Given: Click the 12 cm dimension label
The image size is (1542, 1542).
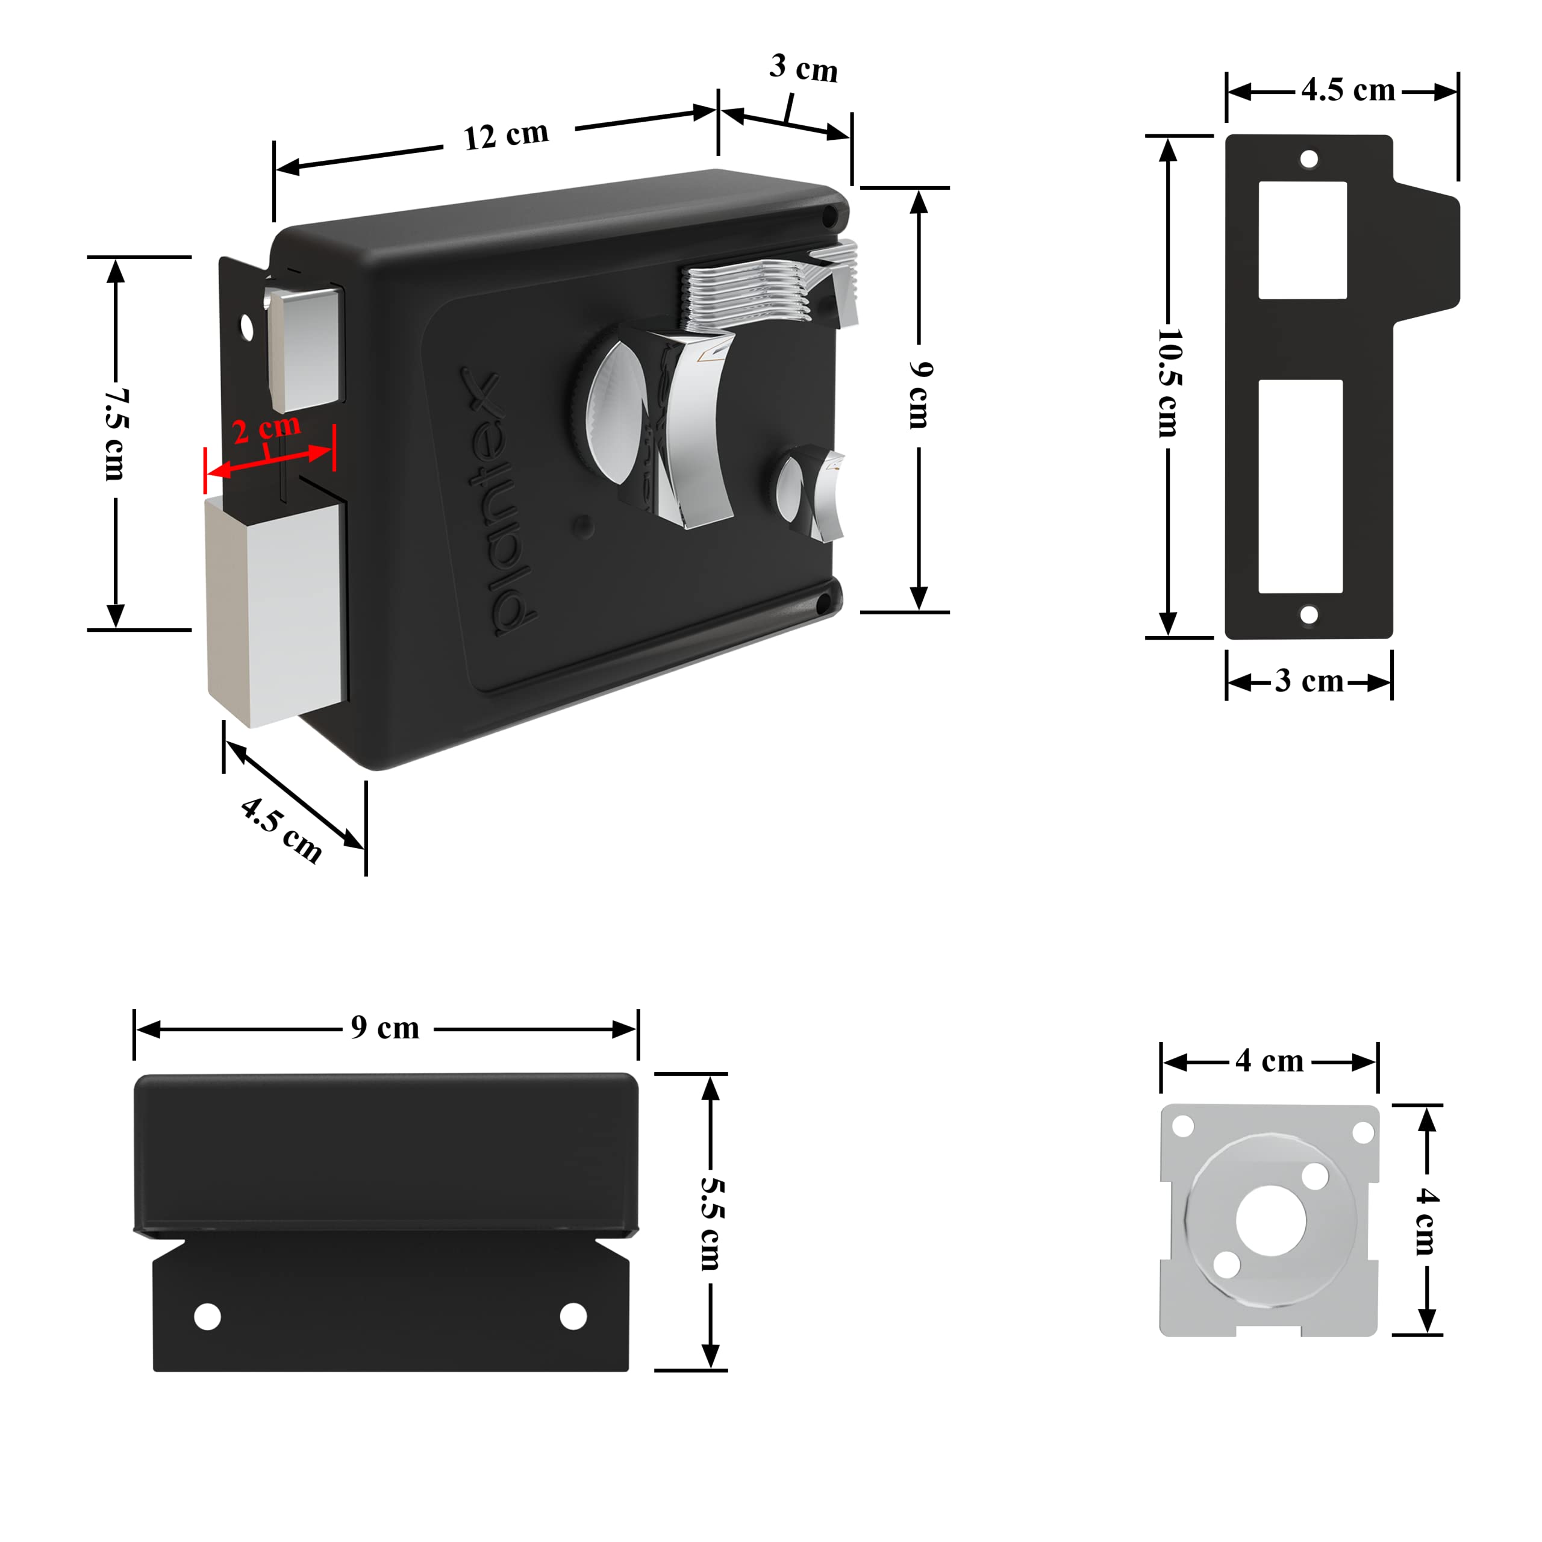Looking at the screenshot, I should pyautogui.click(x=506, y=135).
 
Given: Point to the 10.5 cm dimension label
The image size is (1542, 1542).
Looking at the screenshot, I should pyautogui.click(x=1169, y=383).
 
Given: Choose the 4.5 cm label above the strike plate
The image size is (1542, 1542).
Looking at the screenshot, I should pyautogui.click(x=1348, y=90).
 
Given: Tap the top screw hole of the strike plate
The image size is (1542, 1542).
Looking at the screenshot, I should pyautogui.click(x=1309, y=159).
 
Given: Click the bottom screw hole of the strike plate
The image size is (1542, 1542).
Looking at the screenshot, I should pyautogui.click(x=1309, y=614).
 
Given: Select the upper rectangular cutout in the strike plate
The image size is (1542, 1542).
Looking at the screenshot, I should pyautogui.click(x=1302, y=240).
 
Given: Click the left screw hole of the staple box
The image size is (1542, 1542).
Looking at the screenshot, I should pyautogui.click(x=208, y=1316).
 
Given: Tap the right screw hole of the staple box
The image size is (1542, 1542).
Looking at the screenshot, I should pyautogui.click(x=573, y=1316).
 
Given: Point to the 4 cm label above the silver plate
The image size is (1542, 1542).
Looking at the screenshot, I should pyautogui.click(x=1269, y=1061).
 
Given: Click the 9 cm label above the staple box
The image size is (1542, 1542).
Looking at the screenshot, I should pyautogui.click(x=385, y=1028).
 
